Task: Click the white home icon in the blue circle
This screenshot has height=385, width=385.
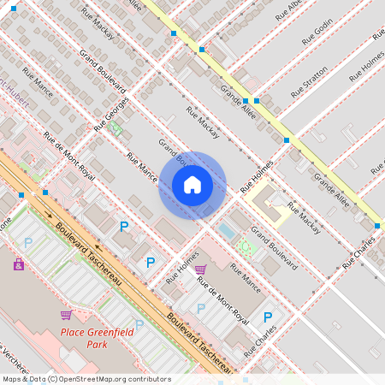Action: point(192,185)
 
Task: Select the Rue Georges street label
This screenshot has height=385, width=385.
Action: point(111,113)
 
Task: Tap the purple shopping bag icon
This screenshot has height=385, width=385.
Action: point(19,264)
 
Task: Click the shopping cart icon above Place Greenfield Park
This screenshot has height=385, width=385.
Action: point(65,315)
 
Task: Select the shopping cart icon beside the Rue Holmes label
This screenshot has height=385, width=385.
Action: point(201,269)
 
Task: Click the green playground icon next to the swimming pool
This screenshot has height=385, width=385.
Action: point(246,246)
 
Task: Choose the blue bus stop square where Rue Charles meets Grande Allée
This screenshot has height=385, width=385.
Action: point(376,226)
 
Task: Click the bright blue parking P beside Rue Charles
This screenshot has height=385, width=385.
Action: point(268,317)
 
